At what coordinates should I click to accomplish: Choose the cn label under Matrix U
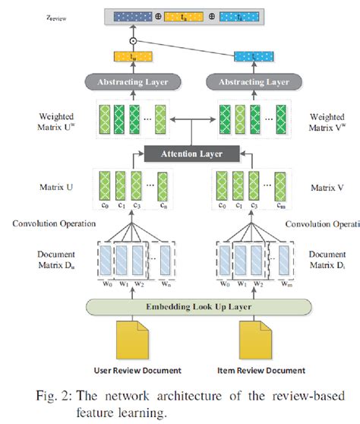pyautogui.click(x=163, y=204)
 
